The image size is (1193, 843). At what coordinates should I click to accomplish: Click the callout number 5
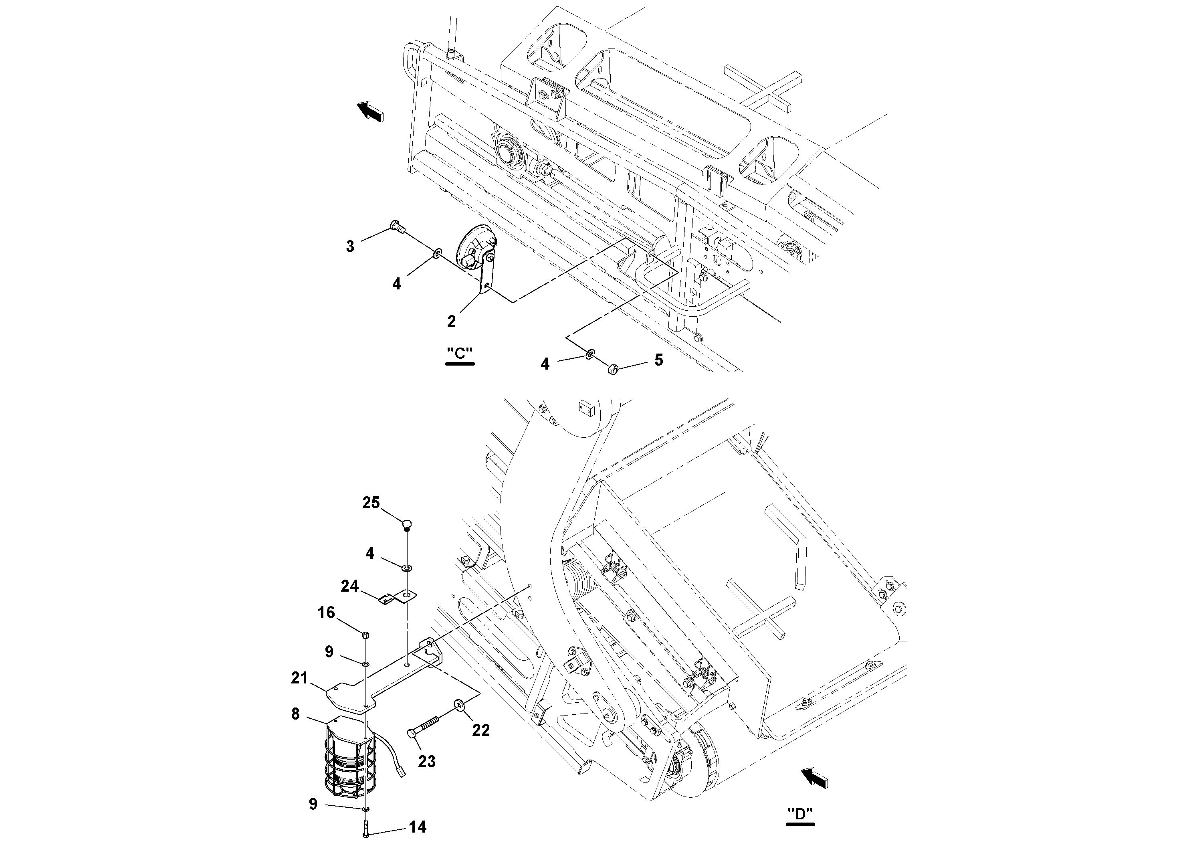658,360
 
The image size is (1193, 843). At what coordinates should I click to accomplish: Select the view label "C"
460,354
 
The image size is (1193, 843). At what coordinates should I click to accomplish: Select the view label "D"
800,814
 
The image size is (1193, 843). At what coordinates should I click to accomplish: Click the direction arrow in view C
370,111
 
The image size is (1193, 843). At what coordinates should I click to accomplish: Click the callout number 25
371,503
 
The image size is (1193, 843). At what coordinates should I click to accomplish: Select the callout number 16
326,613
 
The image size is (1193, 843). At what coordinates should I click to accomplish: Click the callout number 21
299,678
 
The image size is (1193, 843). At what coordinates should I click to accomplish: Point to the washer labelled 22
460,704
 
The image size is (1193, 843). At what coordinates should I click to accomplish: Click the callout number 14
418,827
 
